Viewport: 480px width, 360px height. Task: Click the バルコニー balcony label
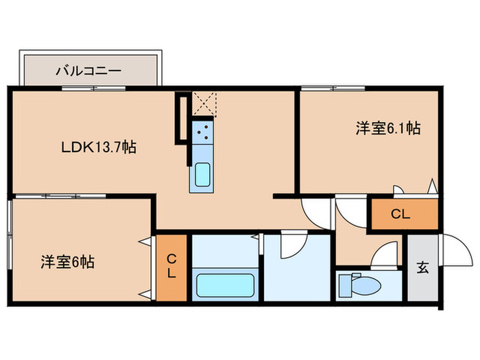(88, 70)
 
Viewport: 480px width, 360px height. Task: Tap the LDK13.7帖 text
(99, 147)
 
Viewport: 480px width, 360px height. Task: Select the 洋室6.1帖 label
(387, 128)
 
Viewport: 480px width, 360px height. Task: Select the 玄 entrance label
(422, 267)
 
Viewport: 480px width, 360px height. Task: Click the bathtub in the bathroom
(226, 285)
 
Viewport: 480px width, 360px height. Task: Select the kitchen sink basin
(204, 176)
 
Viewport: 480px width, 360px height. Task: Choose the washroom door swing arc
(292, 244)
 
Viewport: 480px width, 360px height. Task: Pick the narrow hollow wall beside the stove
(181, 119)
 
